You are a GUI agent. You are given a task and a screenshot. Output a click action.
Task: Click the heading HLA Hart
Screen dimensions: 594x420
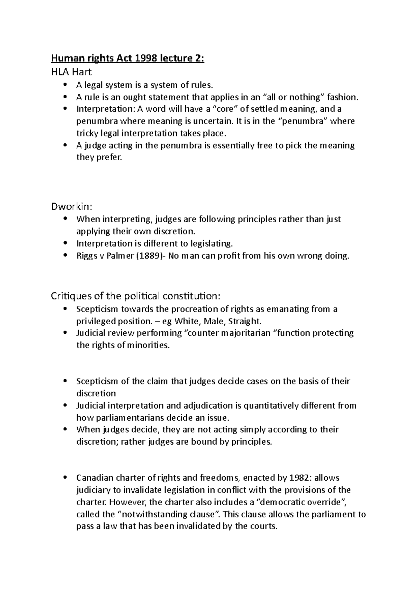[71, 72]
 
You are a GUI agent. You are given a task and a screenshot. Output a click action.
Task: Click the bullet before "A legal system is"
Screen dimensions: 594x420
[65, 85]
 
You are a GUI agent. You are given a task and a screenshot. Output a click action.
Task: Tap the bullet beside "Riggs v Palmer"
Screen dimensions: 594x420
[65, 256]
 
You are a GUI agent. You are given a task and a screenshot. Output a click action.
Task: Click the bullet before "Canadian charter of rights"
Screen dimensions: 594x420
[65, 478]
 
